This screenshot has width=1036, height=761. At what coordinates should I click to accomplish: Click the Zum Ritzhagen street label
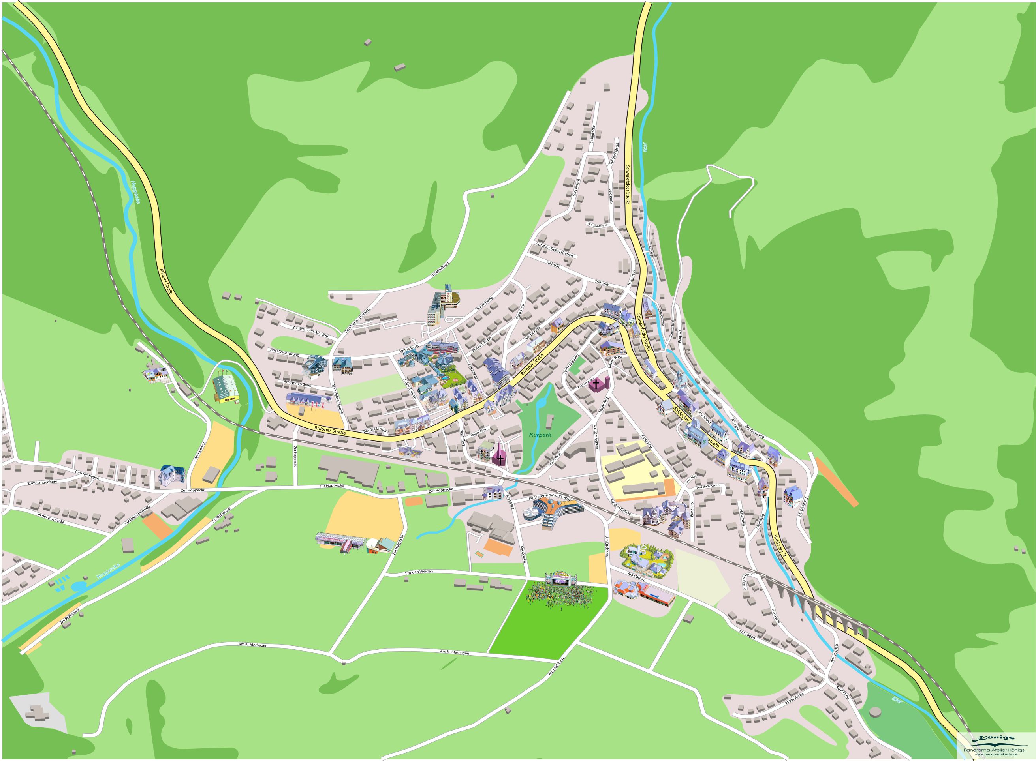tap(86, 474)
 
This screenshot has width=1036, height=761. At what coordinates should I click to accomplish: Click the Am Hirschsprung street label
tap(284, 353)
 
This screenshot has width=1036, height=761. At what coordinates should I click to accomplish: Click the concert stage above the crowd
tap(560, 578)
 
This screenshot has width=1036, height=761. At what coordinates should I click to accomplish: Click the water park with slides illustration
tap(645, 561)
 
